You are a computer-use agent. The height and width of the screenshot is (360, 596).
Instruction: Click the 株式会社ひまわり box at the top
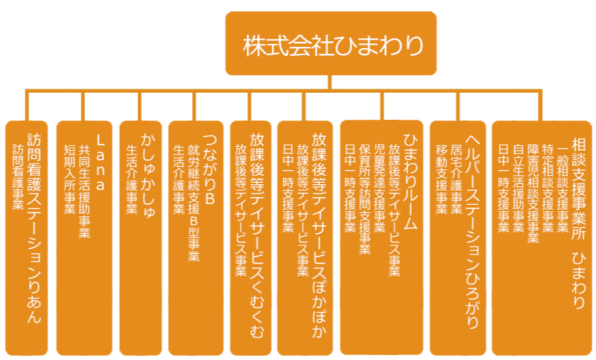click(331, 44)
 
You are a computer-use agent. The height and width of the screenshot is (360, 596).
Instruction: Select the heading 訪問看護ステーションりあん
click(33, 227)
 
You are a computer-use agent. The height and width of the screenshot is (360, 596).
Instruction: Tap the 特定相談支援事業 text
click(548, 187)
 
